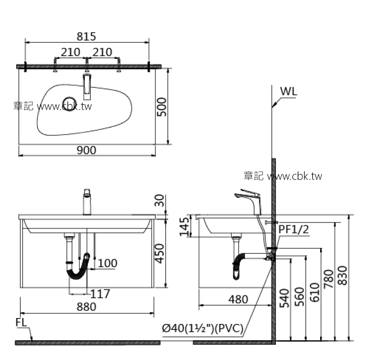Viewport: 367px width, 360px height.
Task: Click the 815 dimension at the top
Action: (86, 37)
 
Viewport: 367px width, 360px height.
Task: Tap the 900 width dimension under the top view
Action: (86, 150)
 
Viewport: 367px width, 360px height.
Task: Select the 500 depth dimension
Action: (162, 107)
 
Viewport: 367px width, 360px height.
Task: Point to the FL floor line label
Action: (21, 322)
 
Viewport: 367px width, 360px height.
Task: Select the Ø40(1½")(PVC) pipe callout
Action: (202, 328)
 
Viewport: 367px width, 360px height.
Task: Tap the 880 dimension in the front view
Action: (86, 307)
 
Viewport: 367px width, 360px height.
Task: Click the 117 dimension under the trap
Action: (100, 294)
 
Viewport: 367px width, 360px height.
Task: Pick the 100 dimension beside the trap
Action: (107, 263)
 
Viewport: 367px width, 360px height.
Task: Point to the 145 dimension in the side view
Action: (184, 227)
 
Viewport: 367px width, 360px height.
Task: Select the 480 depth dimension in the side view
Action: (238, 299)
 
